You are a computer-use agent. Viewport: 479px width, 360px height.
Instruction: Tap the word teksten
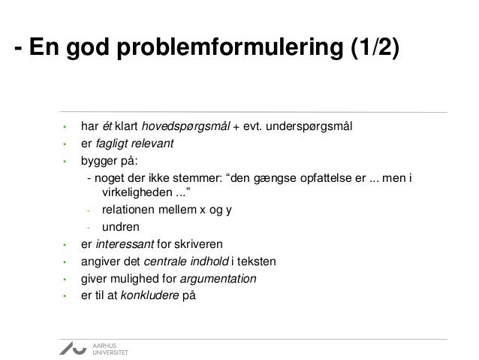coord(258,262)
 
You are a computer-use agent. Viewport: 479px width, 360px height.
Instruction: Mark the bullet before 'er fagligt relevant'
coord(65,143)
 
